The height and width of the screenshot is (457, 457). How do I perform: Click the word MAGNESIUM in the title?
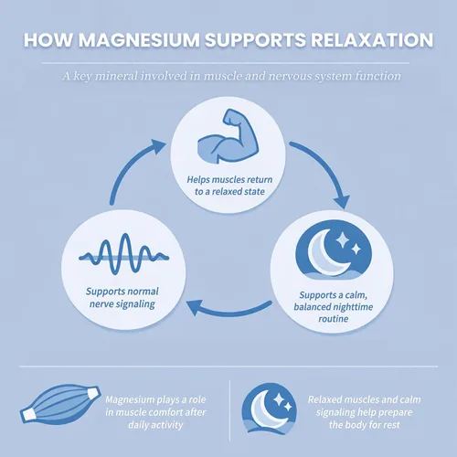139,40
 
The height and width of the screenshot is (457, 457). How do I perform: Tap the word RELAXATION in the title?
372,40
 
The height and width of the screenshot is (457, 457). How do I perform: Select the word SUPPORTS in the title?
255,40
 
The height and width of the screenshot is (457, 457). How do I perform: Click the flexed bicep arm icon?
228,136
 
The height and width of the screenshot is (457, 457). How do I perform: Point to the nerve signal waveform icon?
123,254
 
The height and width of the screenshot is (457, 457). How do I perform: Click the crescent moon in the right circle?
327,252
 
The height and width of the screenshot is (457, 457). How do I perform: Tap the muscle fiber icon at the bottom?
60,404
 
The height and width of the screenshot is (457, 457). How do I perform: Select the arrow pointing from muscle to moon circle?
327,166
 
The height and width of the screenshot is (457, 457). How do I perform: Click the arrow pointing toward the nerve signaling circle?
228,311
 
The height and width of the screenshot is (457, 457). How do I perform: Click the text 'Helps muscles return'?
229,179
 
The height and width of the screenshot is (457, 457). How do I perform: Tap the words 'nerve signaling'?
122,304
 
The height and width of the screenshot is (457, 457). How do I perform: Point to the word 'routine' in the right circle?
334,319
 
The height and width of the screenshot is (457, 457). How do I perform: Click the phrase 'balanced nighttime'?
334,306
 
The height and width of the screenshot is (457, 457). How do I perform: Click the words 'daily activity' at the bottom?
155,425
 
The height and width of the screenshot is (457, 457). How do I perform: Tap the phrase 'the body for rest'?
365,425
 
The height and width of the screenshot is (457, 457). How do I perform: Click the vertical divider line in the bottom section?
229,410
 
